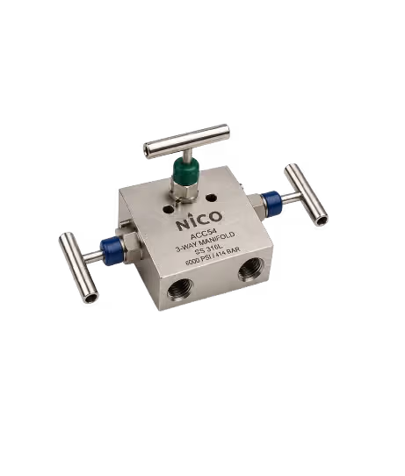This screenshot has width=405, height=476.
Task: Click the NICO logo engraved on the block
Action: tap(199, 220)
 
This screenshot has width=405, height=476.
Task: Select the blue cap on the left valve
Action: tap(112, 251)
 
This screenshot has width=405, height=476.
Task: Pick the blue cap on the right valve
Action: tap(272, 202)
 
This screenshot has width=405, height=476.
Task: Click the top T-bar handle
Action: tap(186, 141)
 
